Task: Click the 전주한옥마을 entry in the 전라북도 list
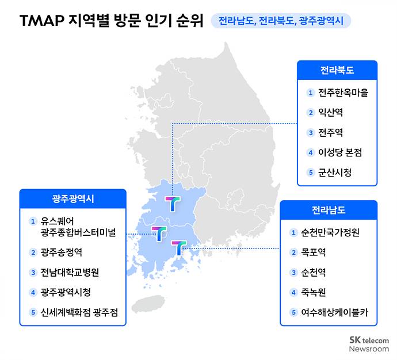[343, 93]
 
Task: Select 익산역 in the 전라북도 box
[330, 112]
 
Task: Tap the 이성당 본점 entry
[340, 152]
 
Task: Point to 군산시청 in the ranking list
[335, 173]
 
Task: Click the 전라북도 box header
[337, 70]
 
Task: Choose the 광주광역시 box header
[73, 198]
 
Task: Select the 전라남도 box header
[329, 210]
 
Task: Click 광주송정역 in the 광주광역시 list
[61, 252]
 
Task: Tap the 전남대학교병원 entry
[70, 273]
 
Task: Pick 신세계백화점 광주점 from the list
[79, 312]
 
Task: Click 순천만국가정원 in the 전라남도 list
[330, 232]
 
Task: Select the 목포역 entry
[313, 252]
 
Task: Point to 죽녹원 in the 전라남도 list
[313, 293]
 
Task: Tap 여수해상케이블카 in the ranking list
[334, 312]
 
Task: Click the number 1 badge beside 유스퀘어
[33, 221]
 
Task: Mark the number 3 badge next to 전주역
[311, 133]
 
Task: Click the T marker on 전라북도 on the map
[173, 204]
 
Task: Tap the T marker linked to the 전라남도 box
[179, 248]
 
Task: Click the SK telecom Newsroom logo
[369, 344]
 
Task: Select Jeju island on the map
[148, 303]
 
